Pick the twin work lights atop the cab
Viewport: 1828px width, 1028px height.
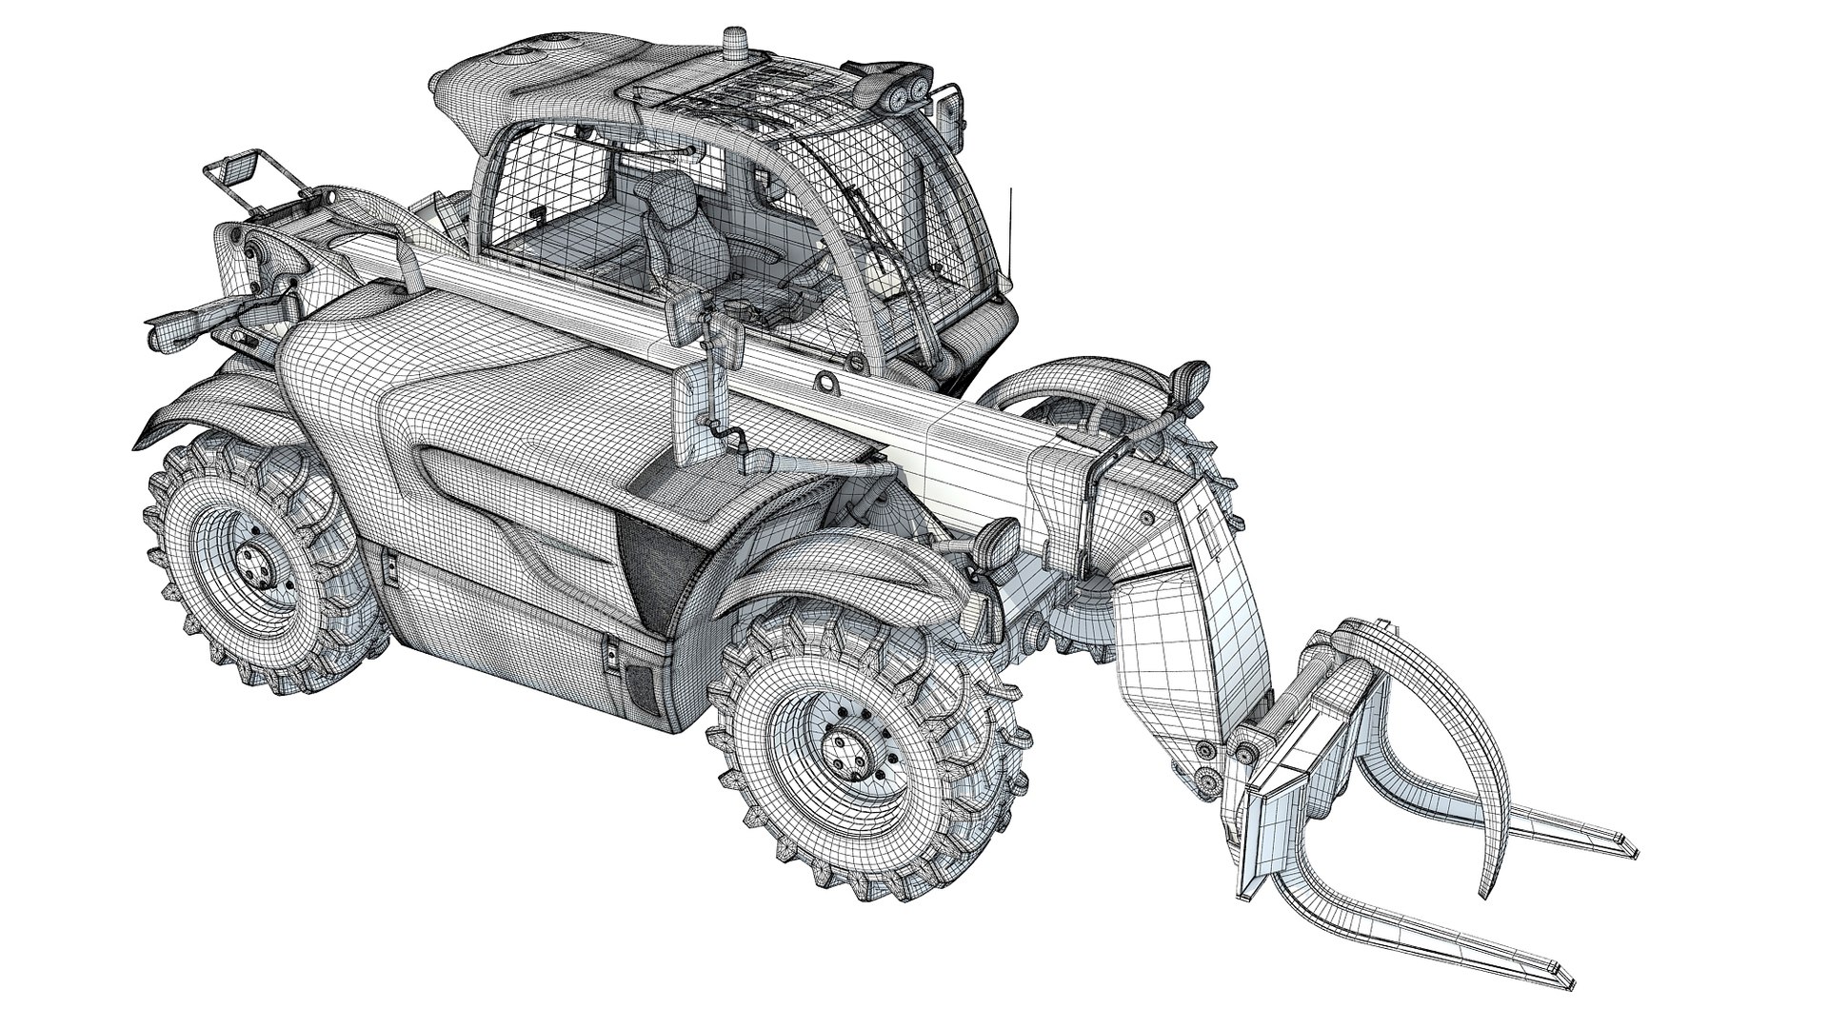click(x=904, y=94)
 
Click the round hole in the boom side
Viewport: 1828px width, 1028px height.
click(x=827, y=383)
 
